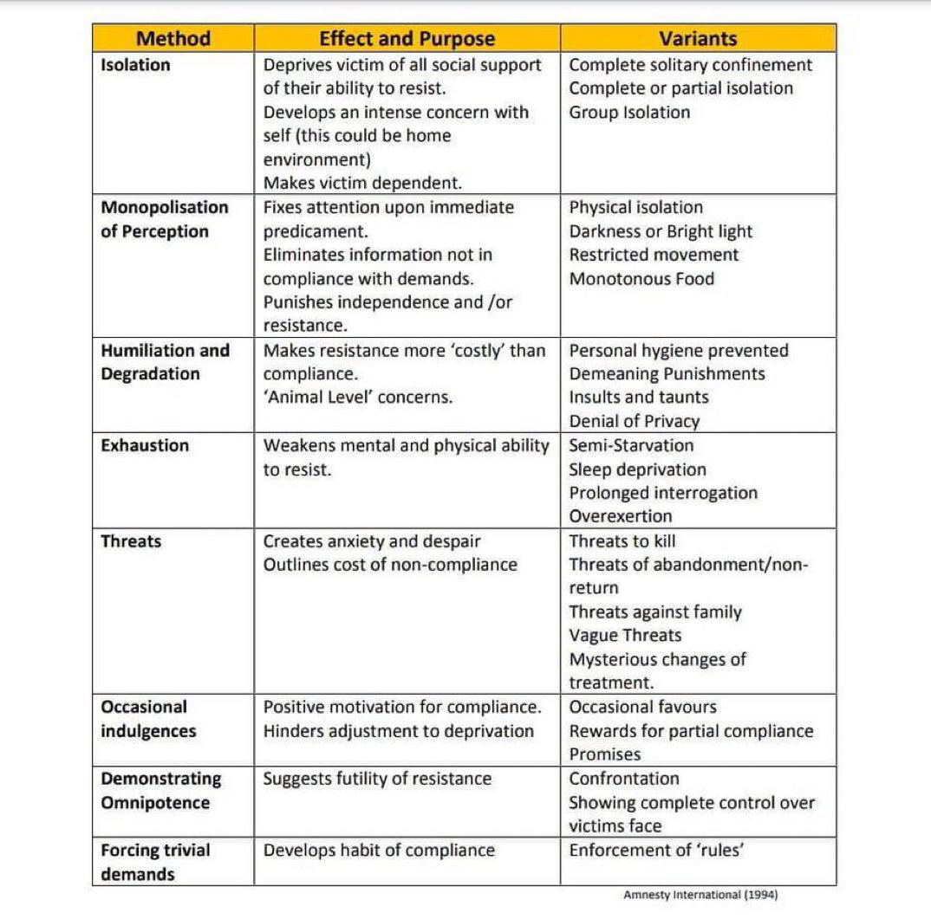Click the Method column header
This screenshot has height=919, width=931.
(x=173, y=38)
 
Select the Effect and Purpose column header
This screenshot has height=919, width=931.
(x=407, y=38)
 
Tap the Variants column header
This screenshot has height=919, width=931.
(x=698, y=38)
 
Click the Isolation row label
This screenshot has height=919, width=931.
(x=135, y=65)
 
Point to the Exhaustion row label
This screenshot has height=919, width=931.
(x=144, y=445)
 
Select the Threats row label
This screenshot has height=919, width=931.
(x=131, y=541)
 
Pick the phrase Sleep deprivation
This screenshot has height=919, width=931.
(x=637, y=469)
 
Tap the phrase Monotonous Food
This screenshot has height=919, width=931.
(x=641, y=279)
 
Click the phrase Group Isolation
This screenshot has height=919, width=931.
(x=629, y=113)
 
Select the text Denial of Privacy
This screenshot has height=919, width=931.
(x=634, y=421)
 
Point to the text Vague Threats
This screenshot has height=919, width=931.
(x=625, y=635)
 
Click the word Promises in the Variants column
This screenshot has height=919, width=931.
(x=605, y=754)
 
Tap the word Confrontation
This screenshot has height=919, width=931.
(x=624, y=778)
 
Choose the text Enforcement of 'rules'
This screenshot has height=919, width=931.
(x=656, y=850)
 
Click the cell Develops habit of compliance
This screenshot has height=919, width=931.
(x=379, y=850)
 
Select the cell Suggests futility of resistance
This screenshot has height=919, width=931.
(x=377, y=778)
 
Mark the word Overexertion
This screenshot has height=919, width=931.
(x=620, y=516)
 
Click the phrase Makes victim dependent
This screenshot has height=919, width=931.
(x=362, y=183)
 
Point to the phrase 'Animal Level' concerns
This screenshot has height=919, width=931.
(x=358, y=397)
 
